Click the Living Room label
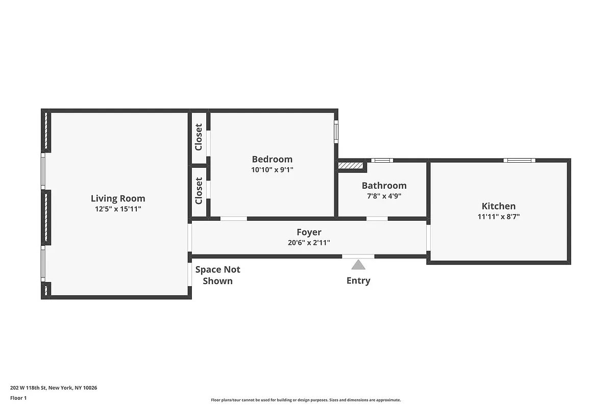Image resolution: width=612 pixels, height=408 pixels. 118,198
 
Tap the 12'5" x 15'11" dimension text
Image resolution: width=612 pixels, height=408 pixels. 118,209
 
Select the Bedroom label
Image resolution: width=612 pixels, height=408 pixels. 272,159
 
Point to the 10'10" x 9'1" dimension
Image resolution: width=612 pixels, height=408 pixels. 272,170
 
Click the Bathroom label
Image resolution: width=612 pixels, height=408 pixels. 384,186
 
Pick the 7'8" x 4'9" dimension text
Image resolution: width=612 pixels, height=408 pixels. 384,196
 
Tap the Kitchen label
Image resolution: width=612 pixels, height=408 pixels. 499,206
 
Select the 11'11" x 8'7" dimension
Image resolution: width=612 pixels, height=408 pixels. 499,216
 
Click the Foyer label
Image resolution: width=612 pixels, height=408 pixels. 309,233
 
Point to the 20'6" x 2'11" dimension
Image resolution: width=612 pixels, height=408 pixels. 309,243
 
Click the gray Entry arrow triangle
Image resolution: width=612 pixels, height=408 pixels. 358,265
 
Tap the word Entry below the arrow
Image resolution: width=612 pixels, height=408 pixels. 358,280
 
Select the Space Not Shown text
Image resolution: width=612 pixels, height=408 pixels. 218,275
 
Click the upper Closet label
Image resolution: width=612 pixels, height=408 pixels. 199,137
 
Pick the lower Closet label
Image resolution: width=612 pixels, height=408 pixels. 199,191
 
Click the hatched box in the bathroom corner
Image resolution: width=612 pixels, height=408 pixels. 351,166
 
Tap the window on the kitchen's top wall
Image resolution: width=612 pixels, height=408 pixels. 519,160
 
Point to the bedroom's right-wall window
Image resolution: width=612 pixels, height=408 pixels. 336,131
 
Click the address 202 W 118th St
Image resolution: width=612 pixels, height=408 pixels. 54,388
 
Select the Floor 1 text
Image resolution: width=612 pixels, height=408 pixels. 18,398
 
